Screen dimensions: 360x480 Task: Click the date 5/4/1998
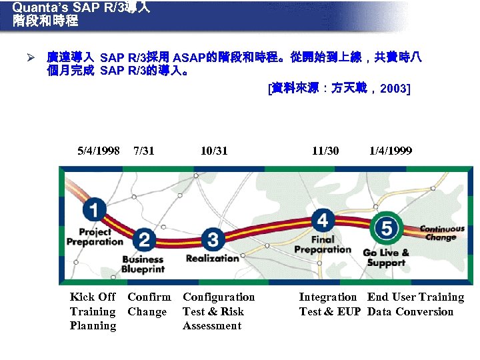pyautogui.click(x=99, y=151)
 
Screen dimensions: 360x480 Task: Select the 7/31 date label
pyautogui.click(x=144, y=151)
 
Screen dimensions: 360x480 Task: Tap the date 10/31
pyautogui.click(x=214, y=151)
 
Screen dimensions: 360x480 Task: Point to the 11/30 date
pyautogui.click(x=325, y=151)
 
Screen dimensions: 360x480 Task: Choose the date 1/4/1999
pyautogui.click(x=391, y=151)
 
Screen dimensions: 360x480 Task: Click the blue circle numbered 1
pyautogui.click(x=95, y=211)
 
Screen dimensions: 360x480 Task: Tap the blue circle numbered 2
pyautogui.click(x=145, y=240)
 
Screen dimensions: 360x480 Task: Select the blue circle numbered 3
pyautogui.click(x=213, y=238)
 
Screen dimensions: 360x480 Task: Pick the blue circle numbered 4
pyautogui.click(x=323, y=219)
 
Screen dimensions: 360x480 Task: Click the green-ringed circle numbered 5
pyautogui.click(x=387, y=229)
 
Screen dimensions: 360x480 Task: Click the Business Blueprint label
pyautogui.click(x=143, y=264)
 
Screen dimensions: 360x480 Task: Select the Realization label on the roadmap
pyautogui.click(x=212, y=258)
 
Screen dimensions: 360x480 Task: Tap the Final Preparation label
pyautogui.click(x=323, y=245)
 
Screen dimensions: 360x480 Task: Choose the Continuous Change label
pyautogui.click(x=442, y=233)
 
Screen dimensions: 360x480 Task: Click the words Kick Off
pyautogui.click(x=93, y=297)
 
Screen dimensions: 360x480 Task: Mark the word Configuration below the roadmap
pyautogui.click(x=219, y=297)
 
